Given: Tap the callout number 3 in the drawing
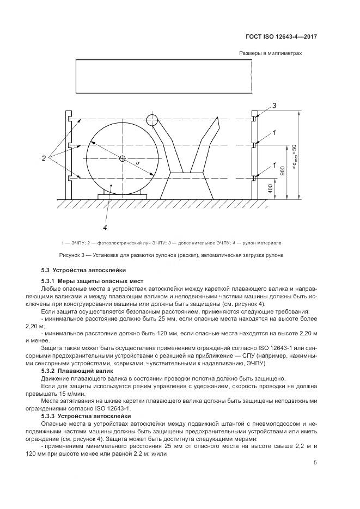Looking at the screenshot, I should click(x=275, y=105).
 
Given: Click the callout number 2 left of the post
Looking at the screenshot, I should click(x=44, y=158).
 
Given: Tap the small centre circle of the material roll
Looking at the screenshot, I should click(x=123, y=158).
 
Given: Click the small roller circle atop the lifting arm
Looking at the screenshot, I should click(x=152, y=119).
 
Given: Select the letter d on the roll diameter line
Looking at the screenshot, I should click(x=138, y=163).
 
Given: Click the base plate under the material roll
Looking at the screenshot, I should click(x=122, y=195).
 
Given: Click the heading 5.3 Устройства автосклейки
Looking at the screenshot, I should click(x=84, y=269).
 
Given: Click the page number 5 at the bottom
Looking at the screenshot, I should click(x=315, y=463).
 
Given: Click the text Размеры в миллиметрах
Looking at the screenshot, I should click(x=270, y=53).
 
